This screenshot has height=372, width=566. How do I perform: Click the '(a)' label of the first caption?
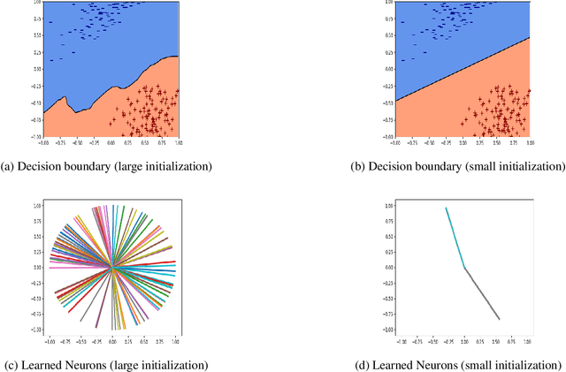click(10, 166)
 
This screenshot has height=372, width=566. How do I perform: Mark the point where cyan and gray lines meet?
click(464, 268)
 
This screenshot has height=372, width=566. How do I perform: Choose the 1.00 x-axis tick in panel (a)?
click(177, 142)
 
